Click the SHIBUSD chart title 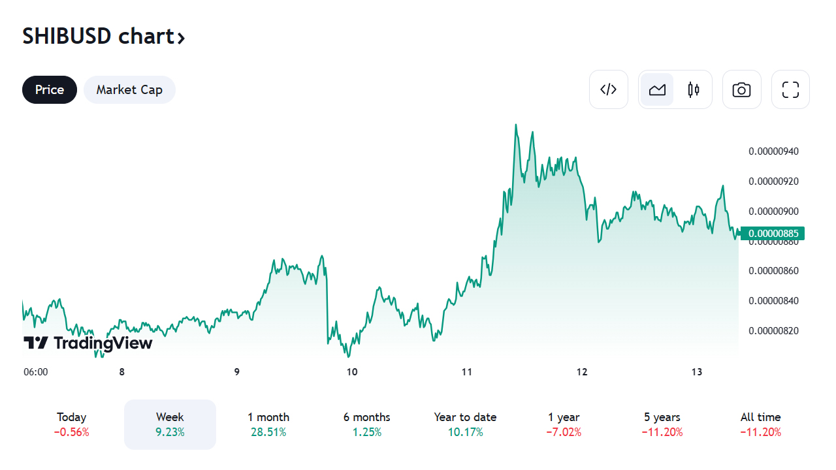click(103, 37)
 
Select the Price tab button click(50, 89)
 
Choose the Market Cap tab click(129, 89)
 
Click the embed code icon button click(608, 89)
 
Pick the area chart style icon click(657, 89)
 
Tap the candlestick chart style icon click(694, 89)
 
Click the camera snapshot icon click(741, 89)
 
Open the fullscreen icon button click(790, 89)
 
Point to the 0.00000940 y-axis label click(773, 151)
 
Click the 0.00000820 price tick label click(773, 330)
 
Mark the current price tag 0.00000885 click(773, 233)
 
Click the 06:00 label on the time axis click(36, 372)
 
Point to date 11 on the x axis click(466, 372)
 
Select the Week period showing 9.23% click(170, 424)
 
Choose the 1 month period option click(268, 424)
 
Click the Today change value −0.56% click(72, 432)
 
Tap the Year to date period click(465, 424)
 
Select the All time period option click(760, 424)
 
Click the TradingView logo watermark click(88, 343)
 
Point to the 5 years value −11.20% click(662, 432)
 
